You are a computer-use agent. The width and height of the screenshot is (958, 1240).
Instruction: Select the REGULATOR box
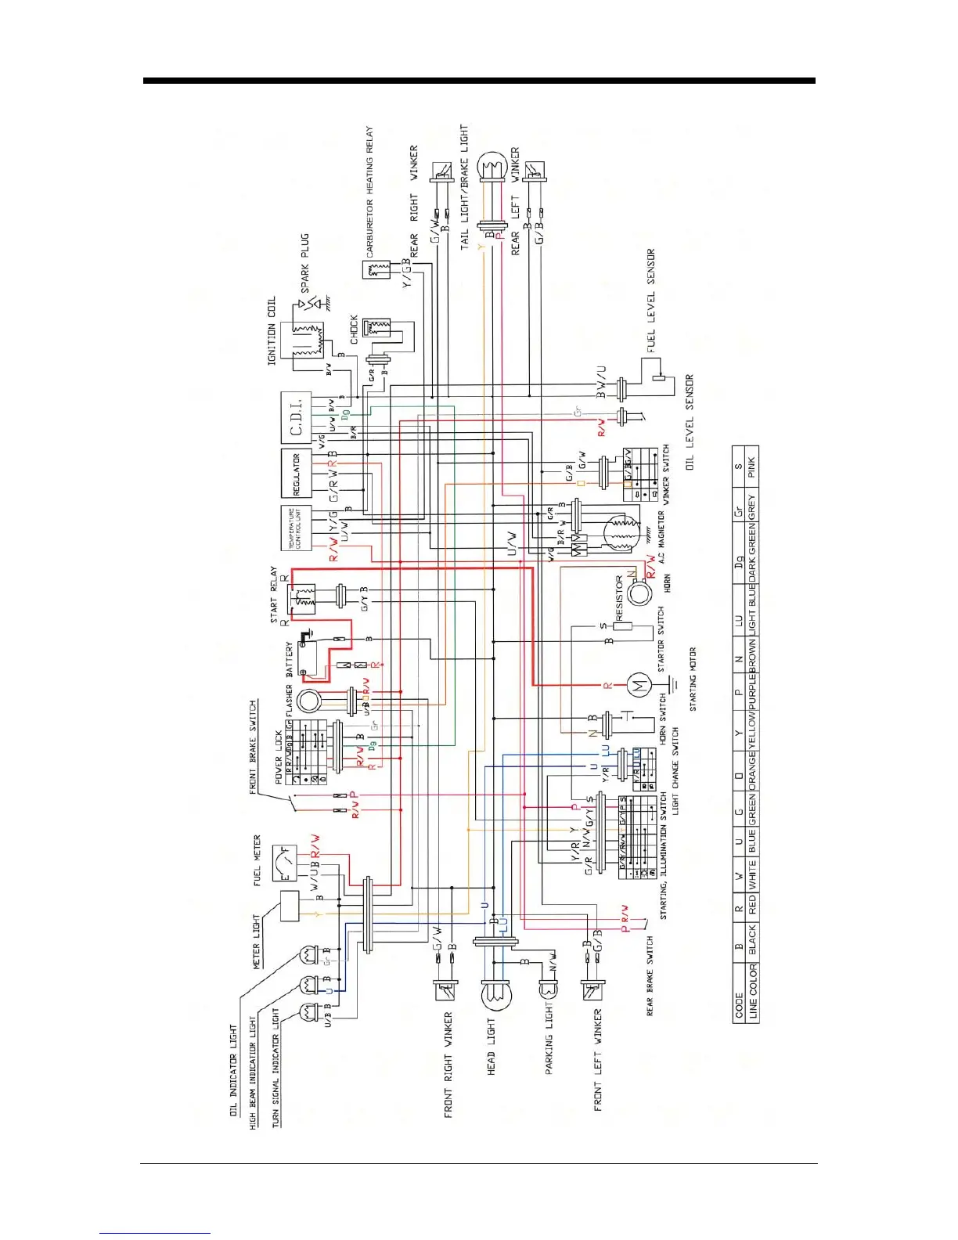(x=297, y=473)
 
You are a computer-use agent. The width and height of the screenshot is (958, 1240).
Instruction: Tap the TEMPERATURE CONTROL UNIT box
(x=297, y=528)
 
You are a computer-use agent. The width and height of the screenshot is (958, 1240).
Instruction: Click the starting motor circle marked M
(x=638, y=687)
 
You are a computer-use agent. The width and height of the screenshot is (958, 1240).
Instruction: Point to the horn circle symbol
(x=639, y=592)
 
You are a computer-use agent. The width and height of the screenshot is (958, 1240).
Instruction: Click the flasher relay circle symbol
(x=310, y=701)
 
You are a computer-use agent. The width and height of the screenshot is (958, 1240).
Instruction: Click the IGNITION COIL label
(x=272, y=330)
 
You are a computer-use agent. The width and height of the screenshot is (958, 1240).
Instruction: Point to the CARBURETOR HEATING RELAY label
(x=369, y=192)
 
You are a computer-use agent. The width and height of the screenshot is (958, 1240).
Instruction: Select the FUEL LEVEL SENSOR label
(x=650, y=301)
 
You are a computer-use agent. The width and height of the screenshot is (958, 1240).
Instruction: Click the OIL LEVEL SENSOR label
(x=690, y=423)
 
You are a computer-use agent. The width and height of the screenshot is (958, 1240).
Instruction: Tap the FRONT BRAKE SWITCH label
(x=253, y=748)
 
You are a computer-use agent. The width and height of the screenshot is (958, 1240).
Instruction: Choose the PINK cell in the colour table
(x=751, y=467)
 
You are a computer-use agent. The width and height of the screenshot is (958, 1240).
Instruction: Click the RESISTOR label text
(x=619, y=598)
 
